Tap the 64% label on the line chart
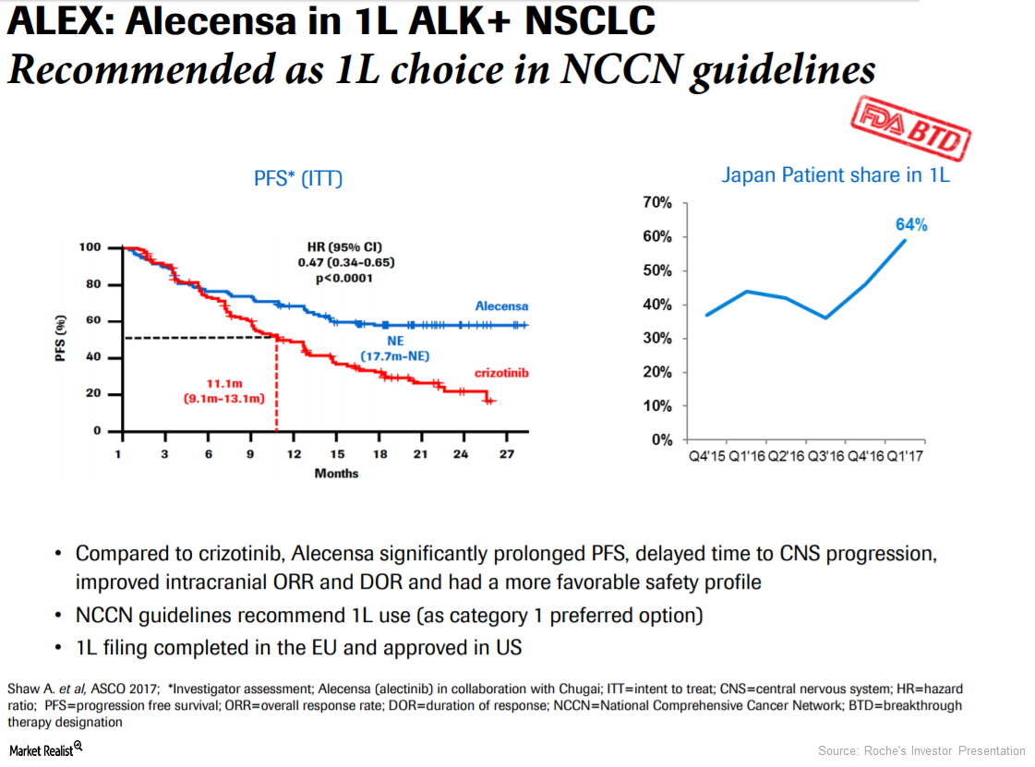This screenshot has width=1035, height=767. click(x=910, y=224)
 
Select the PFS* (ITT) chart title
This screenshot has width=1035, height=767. click(x=298, y=178)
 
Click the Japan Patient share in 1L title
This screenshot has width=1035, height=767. click(x=835, y=174)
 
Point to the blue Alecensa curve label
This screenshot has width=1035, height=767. click(x=501, y=306)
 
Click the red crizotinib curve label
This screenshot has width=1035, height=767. click(x=500, y=373)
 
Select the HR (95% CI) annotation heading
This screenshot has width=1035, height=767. click(x=344, y=247)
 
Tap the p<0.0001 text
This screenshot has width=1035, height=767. click(x=345, y=278)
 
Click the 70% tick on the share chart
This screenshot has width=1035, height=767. click(x=659, y=203)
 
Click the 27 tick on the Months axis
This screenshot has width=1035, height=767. click(x=506, y=454)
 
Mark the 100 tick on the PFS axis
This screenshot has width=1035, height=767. click(x=90, y=247)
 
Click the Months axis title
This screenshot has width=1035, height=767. click(x=336, y=473)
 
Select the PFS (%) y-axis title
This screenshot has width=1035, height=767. click(x=62, y=340)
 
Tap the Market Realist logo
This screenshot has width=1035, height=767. click(x=45, y=749)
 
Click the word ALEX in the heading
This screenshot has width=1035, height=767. click(x=55, y=23)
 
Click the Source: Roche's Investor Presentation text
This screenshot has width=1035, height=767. click(x=921, y=750)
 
